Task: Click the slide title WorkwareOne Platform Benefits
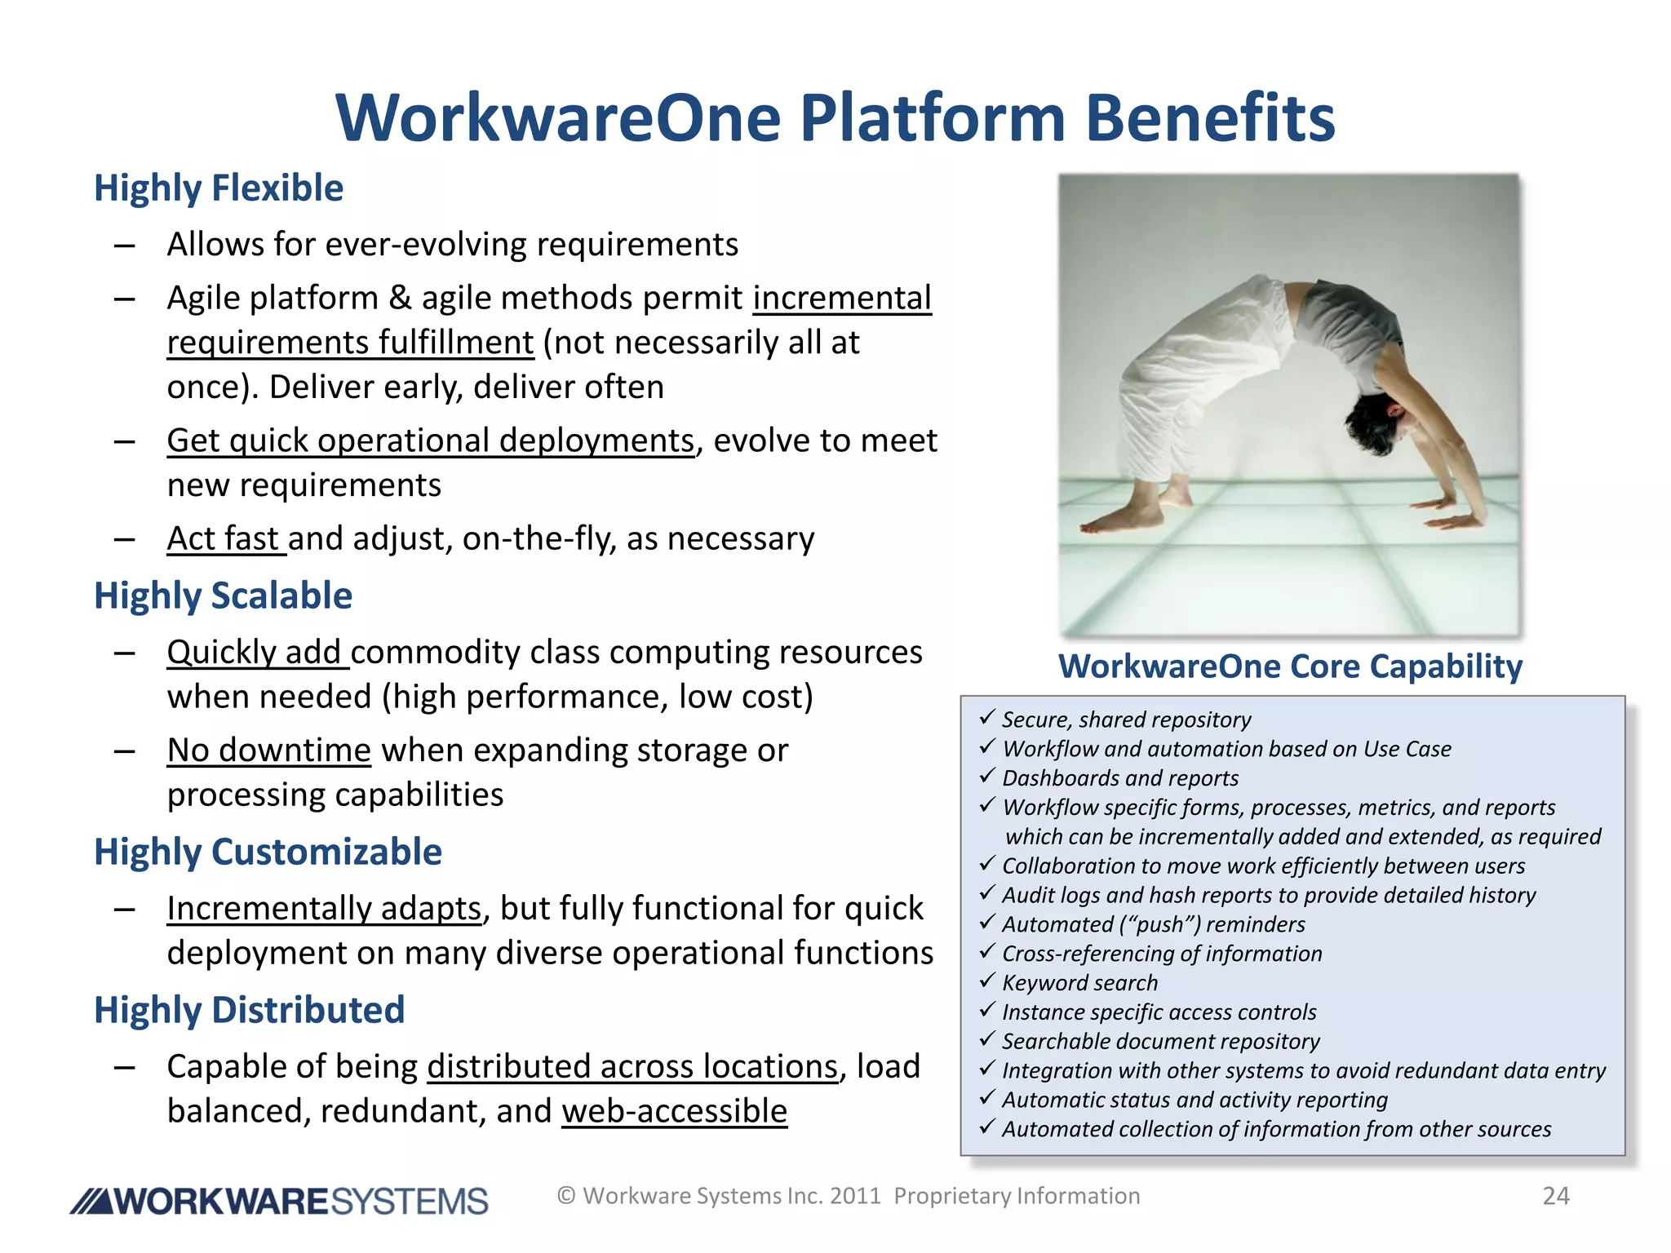click(x=835, y=118)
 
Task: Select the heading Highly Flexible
click(x=219, y=188)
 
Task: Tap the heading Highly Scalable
click(x=223, y=596)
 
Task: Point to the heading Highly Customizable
click(x=268, y=852)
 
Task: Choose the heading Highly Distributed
click(x=249, y=1011)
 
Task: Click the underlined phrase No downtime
click(x=268, y=750)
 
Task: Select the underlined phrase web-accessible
click(x=674, y=1112)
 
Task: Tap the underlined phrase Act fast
click(x=224, y=539)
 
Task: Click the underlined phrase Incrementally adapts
click(x=324, y=909)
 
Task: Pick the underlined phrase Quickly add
click(x=256, y=653)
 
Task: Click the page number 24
click(x=1555, y=1196)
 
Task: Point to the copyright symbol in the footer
click(x=566, y=1196)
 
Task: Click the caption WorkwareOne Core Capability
click(x=1290, y=666)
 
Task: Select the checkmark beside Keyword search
click(x=987, y=981)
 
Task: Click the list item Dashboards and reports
click(x=1119, y=778)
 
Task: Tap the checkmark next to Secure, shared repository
click(x=987, y=717)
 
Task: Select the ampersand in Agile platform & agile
click(x=399, y=299)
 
